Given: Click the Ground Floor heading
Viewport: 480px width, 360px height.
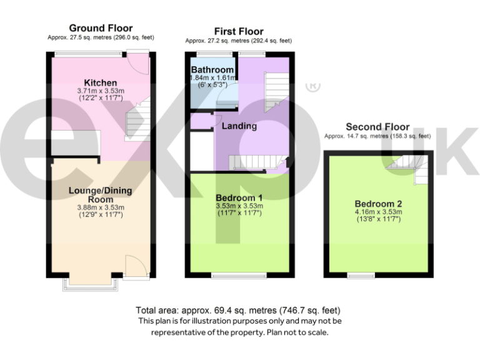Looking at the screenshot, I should (101, 28).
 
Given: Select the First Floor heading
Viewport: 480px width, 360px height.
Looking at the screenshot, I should (238, 31).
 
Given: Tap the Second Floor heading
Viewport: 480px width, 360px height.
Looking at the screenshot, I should (377, 127).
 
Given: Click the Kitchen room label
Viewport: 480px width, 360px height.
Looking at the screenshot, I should (101, 82).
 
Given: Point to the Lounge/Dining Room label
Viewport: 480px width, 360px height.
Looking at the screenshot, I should (100, 194).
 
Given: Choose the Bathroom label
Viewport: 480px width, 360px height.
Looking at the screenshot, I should (212, 69).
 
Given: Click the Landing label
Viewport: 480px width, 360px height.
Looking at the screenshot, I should (239, 126).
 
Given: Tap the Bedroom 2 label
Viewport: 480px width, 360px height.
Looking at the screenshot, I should (377, 204).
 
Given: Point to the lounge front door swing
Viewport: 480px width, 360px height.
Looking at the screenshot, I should (135, 266).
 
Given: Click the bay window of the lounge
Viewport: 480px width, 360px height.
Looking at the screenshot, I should (90, 284).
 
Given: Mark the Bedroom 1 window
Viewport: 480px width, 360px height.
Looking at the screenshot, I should (239, 276).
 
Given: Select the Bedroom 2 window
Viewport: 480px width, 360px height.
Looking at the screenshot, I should (361, 276).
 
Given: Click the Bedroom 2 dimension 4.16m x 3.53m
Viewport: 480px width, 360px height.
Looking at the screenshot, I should (377, 212).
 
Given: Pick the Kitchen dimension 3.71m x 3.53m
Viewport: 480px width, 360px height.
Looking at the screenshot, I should (101, 91).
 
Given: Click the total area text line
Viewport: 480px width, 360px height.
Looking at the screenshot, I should (239, 311).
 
